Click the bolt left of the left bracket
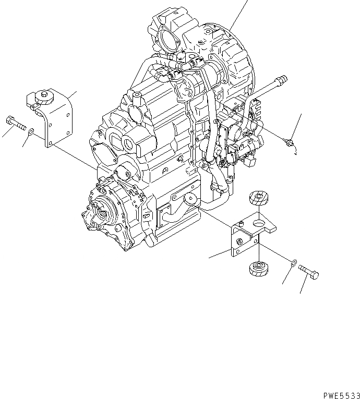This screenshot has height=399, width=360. tap(15, 124)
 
